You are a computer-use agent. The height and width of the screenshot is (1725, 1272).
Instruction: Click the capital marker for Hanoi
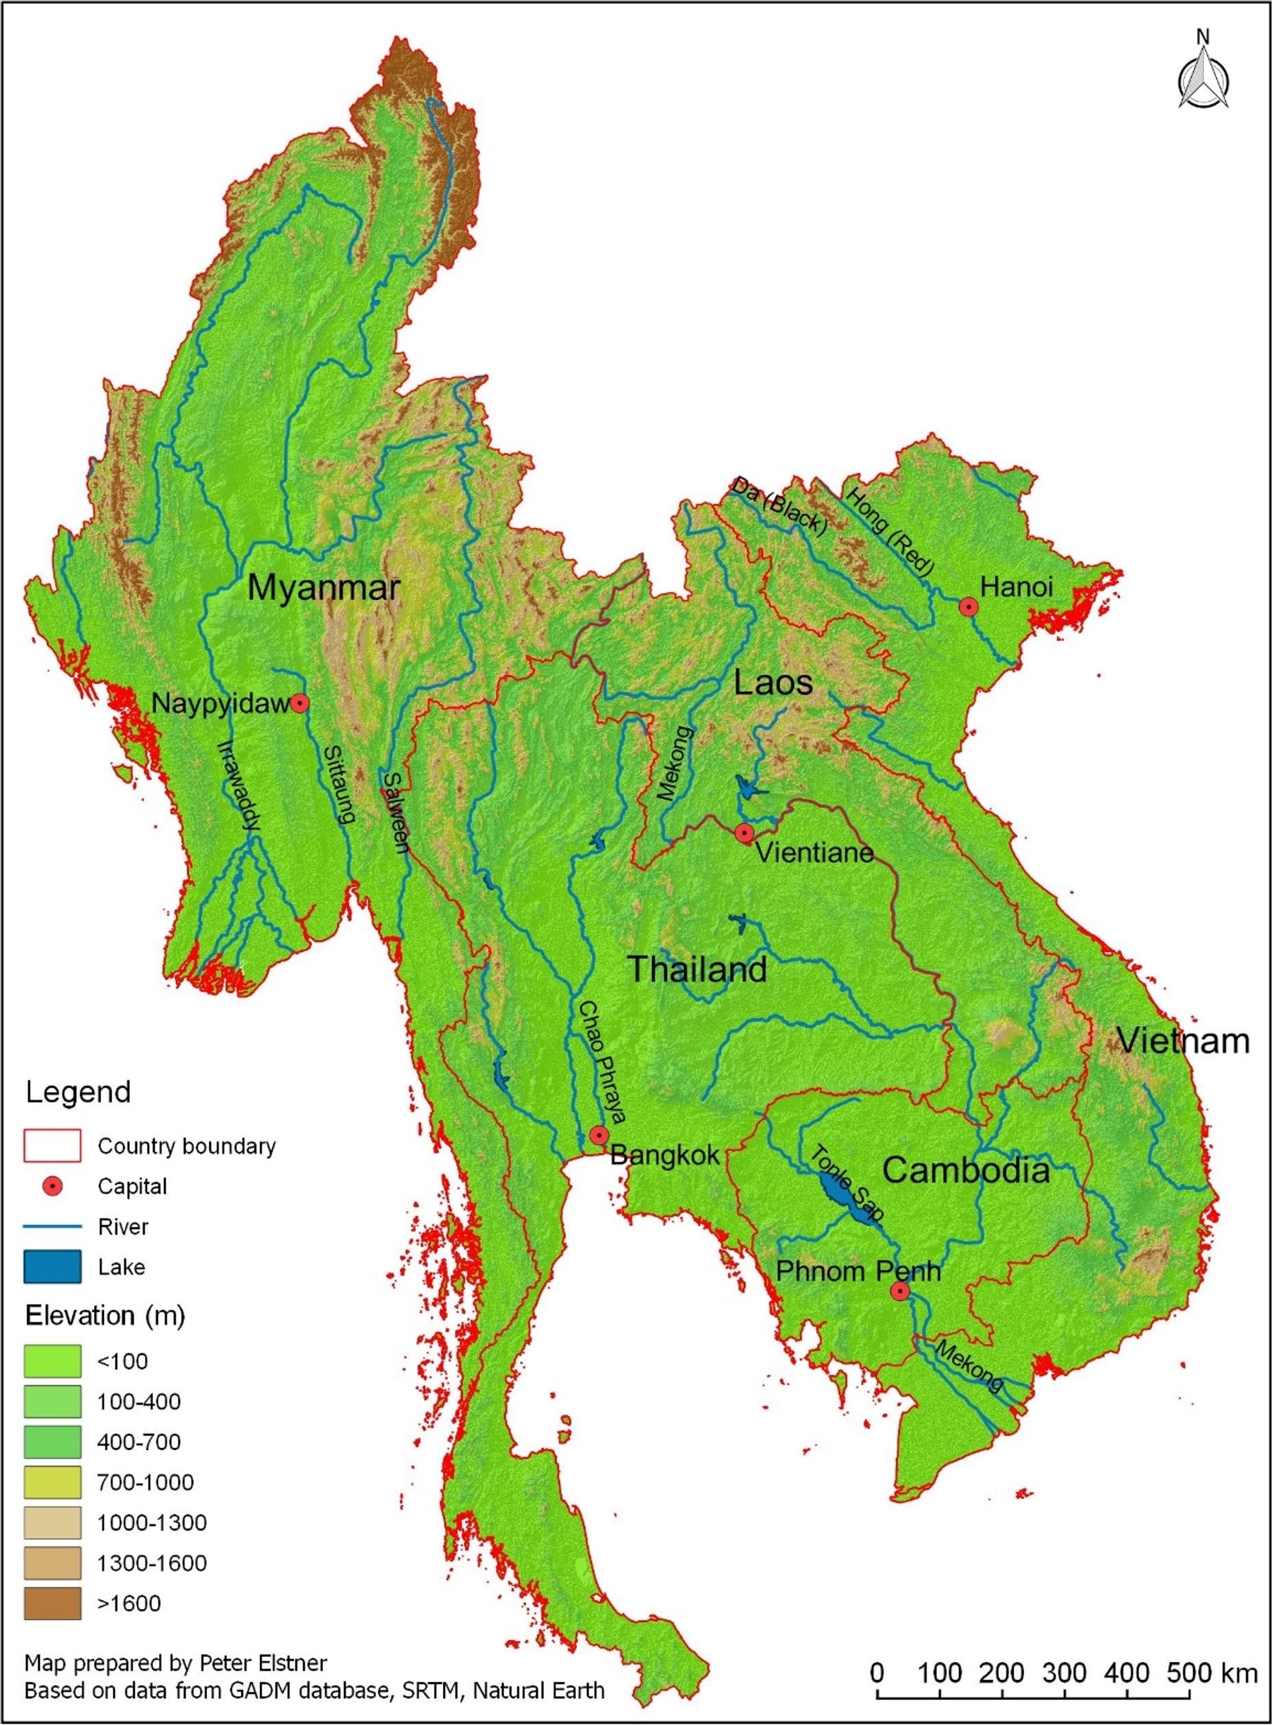pyautogui.click(x=968, y=607)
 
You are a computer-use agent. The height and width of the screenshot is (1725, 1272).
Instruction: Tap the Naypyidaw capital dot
pyautogui.click(x=300, y=703)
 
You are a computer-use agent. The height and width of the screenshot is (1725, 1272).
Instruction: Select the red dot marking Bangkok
pyautogui.click(x=599, y=1135)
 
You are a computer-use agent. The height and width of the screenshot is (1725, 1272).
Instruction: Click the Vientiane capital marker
pyautogui.click(x=743, y=833)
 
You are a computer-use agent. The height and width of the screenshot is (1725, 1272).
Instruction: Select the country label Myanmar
pyautogui.click(x=324, y=589)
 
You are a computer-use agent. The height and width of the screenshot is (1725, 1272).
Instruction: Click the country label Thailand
pyautogui.click(x=697, y=969)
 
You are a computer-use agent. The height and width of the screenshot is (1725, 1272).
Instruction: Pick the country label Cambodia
pyautogui.click(x=965, y=1170)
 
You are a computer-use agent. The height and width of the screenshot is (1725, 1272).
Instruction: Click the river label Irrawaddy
pyautogui.click(x=238, y=786)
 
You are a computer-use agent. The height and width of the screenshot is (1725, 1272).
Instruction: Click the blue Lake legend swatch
pyautogui.click(x=52, y=1267)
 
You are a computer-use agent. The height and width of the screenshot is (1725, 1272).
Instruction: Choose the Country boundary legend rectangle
pyautogui.click(x=52, y=1146)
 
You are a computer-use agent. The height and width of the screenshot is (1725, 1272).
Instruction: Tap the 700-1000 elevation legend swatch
pyautogui.click(x=52, y=1482)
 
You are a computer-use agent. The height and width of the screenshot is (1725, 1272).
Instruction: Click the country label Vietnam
pyautogui.click(x=1183, y=1041)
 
